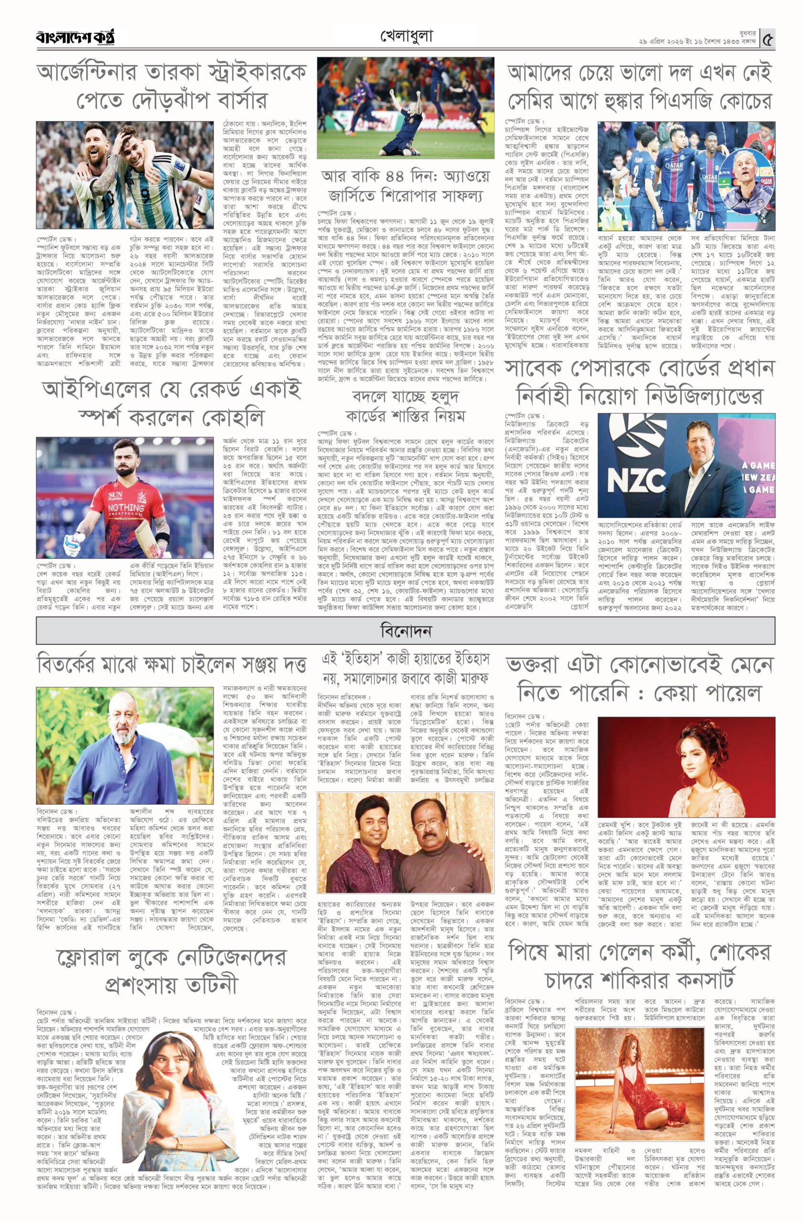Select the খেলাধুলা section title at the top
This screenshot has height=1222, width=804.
[406, 36]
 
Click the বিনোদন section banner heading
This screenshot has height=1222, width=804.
[405, 631]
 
